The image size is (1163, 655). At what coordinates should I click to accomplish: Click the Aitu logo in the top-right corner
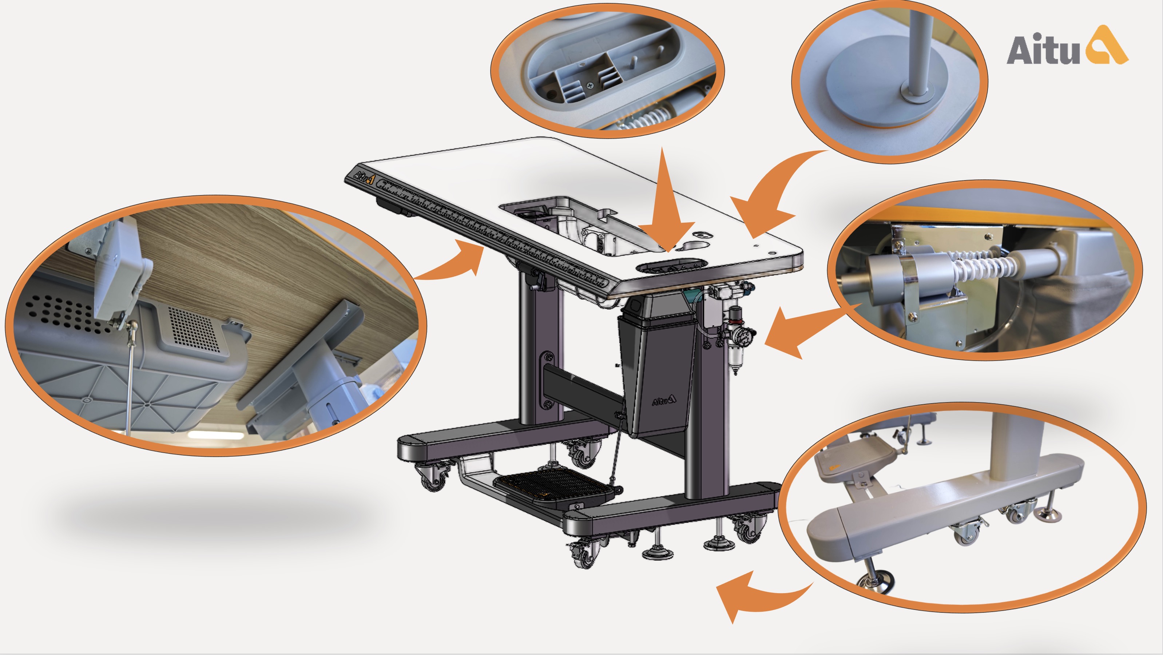[1067, 45]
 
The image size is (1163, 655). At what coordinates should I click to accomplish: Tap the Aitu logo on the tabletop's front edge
[364, 176]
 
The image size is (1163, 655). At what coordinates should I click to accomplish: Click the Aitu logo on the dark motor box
[664, 400]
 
